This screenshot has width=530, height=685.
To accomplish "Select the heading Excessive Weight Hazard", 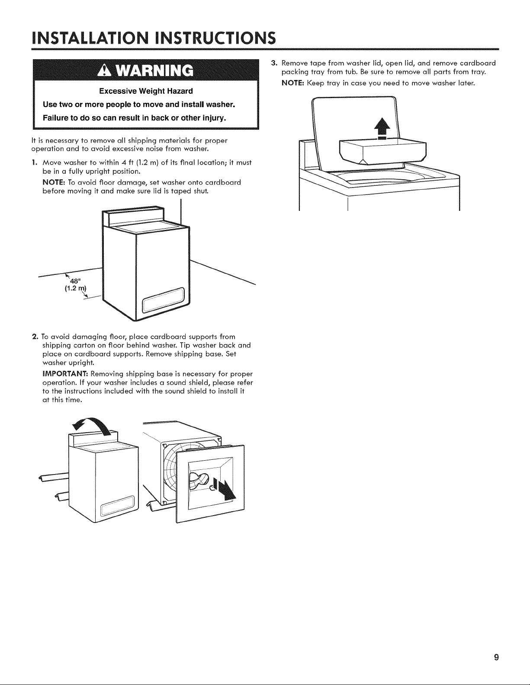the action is click(x=146, y=91).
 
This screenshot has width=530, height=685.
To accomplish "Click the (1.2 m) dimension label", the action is click(x=75, y=288).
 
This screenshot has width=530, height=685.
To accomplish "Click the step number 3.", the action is click(x=274, y=63).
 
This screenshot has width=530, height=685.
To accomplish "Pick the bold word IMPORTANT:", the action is click(x=65, y=374).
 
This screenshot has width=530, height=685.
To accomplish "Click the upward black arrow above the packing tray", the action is click(x=382, y=129).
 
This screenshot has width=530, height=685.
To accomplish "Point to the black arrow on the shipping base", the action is click(x=224, y=489).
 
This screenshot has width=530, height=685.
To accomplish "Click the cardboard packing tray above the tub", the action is click(x=382, y=151).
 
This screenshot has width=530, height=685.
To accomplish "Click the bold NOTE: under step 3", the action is click(x=293, y=83).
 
